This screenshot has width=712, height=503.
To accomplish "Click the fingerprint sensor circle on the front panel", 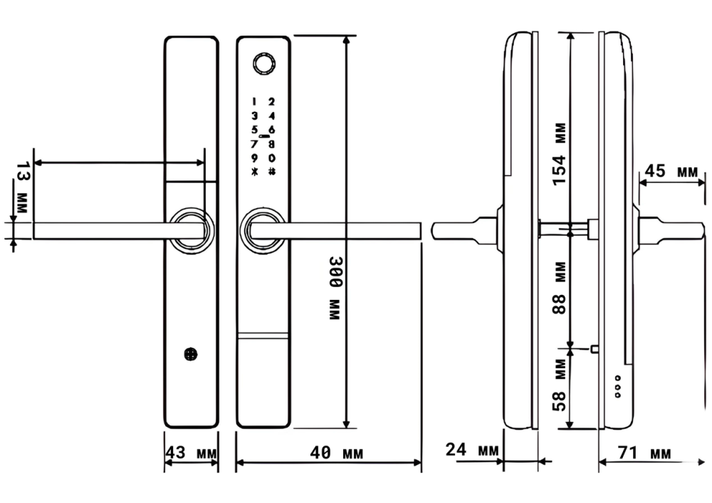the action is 263,64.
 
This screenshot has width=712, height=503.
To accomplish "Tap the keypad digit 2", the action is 271,102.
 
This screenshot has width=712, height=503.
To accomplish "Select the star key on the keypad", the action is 254,172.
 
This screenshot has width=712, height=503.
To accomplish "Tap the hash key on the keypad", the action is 271,172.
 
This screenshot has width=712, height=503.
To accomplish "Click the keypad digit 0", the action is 271,158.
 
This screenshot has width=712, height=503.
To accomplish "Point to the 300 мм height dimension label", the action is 335,289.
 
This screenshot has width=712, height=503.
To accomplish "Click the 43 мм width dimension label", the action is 191,452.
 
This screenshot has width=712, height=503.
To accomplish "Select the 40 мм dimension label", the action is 337,452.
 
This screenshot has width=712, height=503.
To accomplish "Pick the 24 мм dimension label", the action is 472,450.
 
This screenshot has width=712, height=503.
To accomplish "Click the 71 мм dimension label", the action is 644,452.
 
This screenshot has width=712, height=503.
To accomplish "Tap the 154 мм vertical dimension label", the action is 560,154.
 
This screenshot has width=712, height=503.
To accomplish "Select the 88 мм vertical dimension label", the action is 560,288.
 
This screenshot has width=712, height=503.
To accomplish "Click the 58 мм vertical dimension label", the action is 560,385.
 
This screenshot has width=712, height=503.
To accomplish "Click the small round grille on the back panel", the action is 191,354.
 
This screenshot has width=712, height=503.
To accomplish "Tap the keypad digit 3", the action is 254,116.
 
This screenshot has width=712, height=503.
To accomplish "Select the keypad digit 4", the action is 271,116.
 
